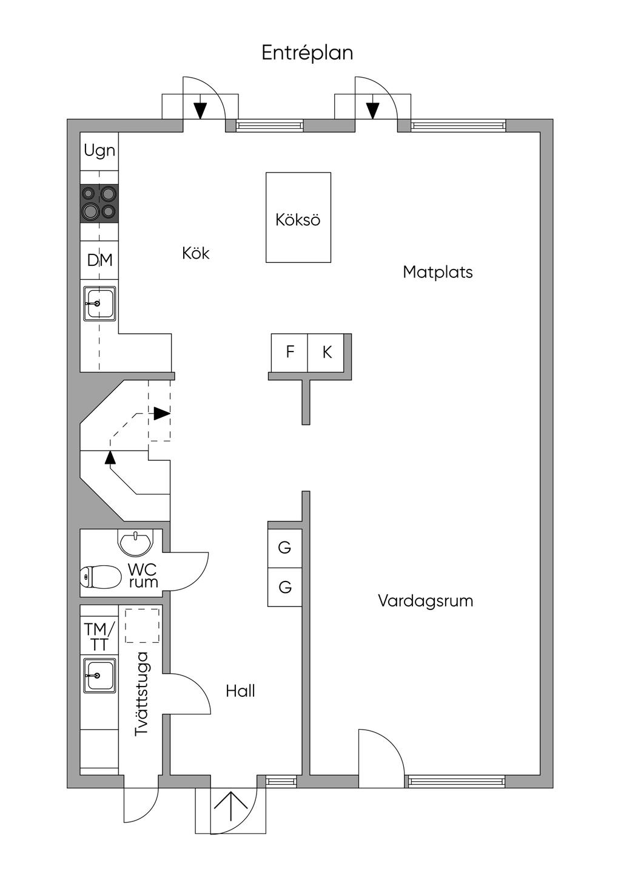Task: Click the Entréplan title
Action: (x=307, y=53)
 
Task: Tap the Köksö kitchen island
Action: (x=298, y=218)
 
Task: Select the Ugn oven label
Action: (x=99, y=151)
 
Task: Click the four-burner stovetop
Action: (x=99, y=203)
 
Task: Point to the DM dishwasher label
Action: (x=99, y=260)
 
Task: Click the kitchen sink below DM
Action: (x=99, y=303)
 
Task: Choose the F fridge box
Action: (x=290, y=352)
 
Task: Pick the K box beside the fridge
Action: (x=327, y=352)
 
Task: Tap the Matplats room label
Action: (x=437, y=272)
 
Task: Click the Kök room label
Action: (x=195, y=253)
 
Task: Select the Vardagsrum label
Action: (x=425, y=601)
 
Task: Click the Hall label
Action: (x=240, y=691)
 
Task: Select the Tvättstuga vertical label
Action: (x=141, y=694)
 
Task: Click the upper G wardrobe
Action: (x=284, y=548)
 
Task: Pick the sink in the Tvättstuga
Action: (x=99, y=675)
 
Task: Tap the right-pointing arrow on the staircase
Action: (x=161, y=413)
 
